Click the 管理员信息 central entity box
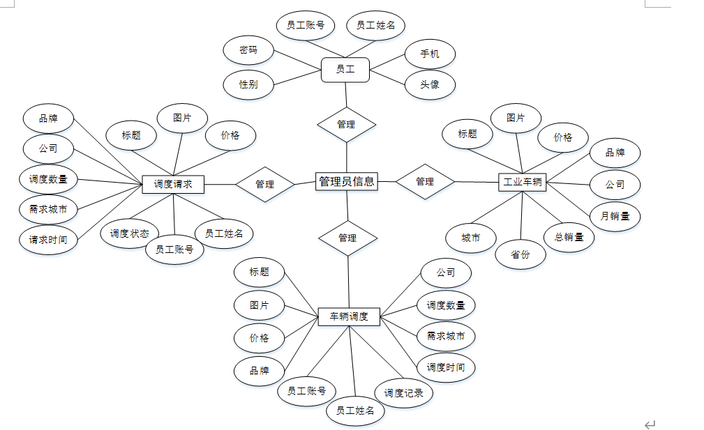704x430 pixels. click(x=347, y=182)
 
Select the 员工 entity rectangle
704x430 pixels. click(x=345, y=69)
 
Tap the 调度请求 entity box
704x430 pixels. click(x=172, y=185)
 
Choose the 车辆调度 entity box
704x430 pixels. click(x=348, y=317)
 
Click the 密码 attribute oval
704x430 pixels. click(x=248, y=50)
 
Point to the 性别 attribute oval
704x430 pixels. click(x=248, y=85)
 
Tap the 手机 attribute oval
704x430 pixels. click(x=430, y=54)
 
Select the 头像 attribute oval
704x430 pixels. click(x=430, y=84)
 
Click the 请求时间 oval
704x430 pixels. click(x=48, y=239)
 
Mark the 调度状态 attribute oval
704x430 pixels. click(x=129, y=234)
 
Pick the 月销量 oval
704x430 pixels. click(x=615, y=216)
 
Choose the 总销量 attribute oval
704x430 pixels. click(x=569, y=237)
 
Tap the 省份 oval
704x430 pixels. click(x=520, y=255)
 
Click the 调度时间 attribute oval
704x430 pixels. click(x=446, y=367)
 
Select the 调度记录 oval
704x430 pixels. click(x=403, y=393)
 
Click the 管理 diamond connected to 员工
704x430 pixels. click(x=346, y=125)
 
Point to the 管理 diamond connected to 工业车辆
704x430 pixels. click(x=425, y=181)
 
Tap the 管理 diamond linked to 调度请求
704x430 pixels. click(x=264, y=185)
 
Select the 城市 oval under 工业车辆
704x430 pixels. click(x=471, y=238)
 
